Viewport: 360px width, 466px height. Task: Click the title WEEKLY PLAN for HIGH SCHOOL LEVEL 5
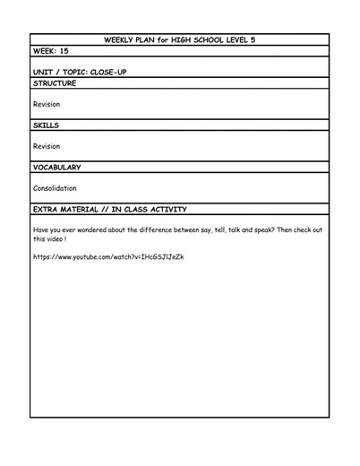pyautogui.click(x=180, y=39)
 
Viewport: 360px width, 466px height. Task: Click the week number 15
pyautogui.click(x=64, y=51)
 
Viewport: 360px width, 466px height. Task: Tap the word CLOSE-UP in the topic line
pyautogui.click(x=108, y=73)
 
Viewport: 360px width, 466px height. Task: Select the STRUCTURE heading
pyautogui.click(x=55, y=83)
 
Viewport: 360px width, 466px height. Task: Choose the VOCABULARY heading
pyautogui.click(x=57, y=167)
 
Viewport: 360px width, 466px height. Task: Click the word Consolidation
pyautogui.click(x=55, y=189)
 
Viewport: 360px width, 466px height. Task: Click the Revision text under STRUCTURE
pyautogui.click(x=47, y=104)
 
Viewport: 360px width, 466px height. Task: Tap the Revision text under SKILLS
pyautogui.click(x=47, y=146)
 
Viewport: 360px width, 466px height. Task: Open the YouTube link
pyautogui.click(x=108, y=257)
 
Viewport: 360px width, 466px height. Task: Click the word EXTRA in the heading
pyautogui.click(x=46, y=209)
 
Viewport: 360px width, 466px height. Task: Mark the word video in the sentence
pyautogui.click(x=59, y=239)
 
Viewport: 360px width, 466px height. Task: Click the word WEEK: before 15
pyautogui.click(x=45, y=51)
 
